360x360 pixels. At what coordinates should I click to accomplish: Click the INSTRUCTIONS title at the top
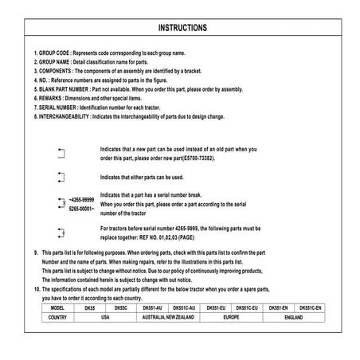click(x=183, y=28)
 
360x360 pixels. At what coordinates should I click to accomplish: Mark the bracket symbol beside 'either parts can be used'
click(x=62, y=177)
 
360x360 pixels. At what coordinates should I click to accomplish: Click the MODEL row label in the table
click(x=57, y=307)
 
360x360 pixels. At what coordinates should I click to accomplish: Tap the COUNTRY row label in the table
click(x=57, y=316)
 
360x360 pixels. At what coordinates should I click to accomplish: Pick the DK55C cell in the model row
click(x=121, y=307)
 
